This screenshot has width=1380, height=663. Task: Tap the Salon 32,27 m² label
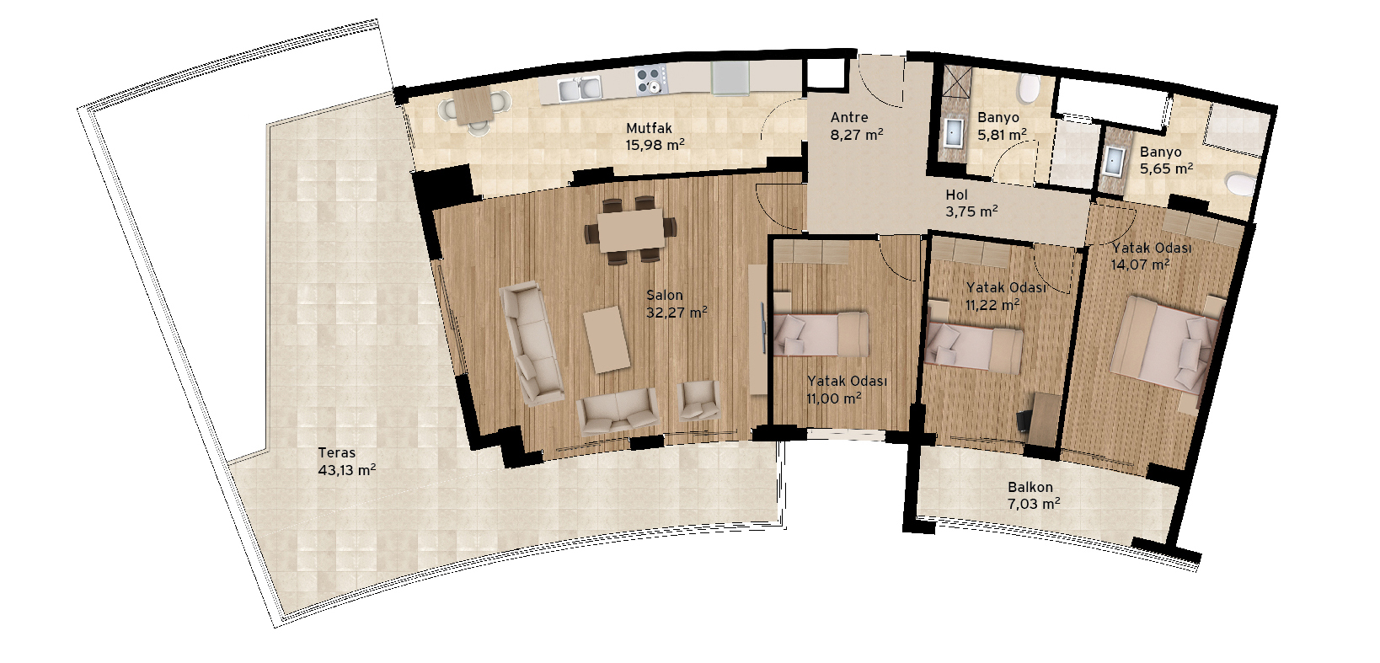click(x=677, y=304)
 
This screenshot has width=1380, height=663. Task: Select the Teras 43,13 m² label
click(x=347, y=462)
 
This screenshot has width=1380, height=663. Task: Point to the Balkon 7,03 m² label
click(x=1034, y=495)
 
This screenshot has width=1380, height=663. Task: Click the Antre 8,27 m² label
click(x=857, y=126)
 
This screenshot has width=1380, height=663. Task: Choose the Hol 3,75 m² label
click(x=971, y=203)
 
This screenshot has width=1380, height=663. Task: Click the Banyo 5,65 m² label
click(x=1166, y=160)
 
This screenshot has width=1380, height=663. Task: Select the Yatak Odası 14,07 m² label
click(x=1151, y=256)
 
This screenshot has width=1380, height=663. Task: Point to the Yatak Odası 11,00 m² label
click(x=847, y=389)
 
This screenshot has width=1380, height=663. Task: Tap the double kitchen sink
click(x=580, y=89)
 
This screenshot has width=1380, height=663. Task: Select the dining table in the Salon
click(x=631, y=230)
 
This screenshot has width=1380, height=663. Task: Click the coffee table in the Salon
click(x=607, y=339)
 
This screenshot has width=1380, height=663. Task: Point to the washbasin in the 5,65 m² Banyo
click(x=1112, y=162)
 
